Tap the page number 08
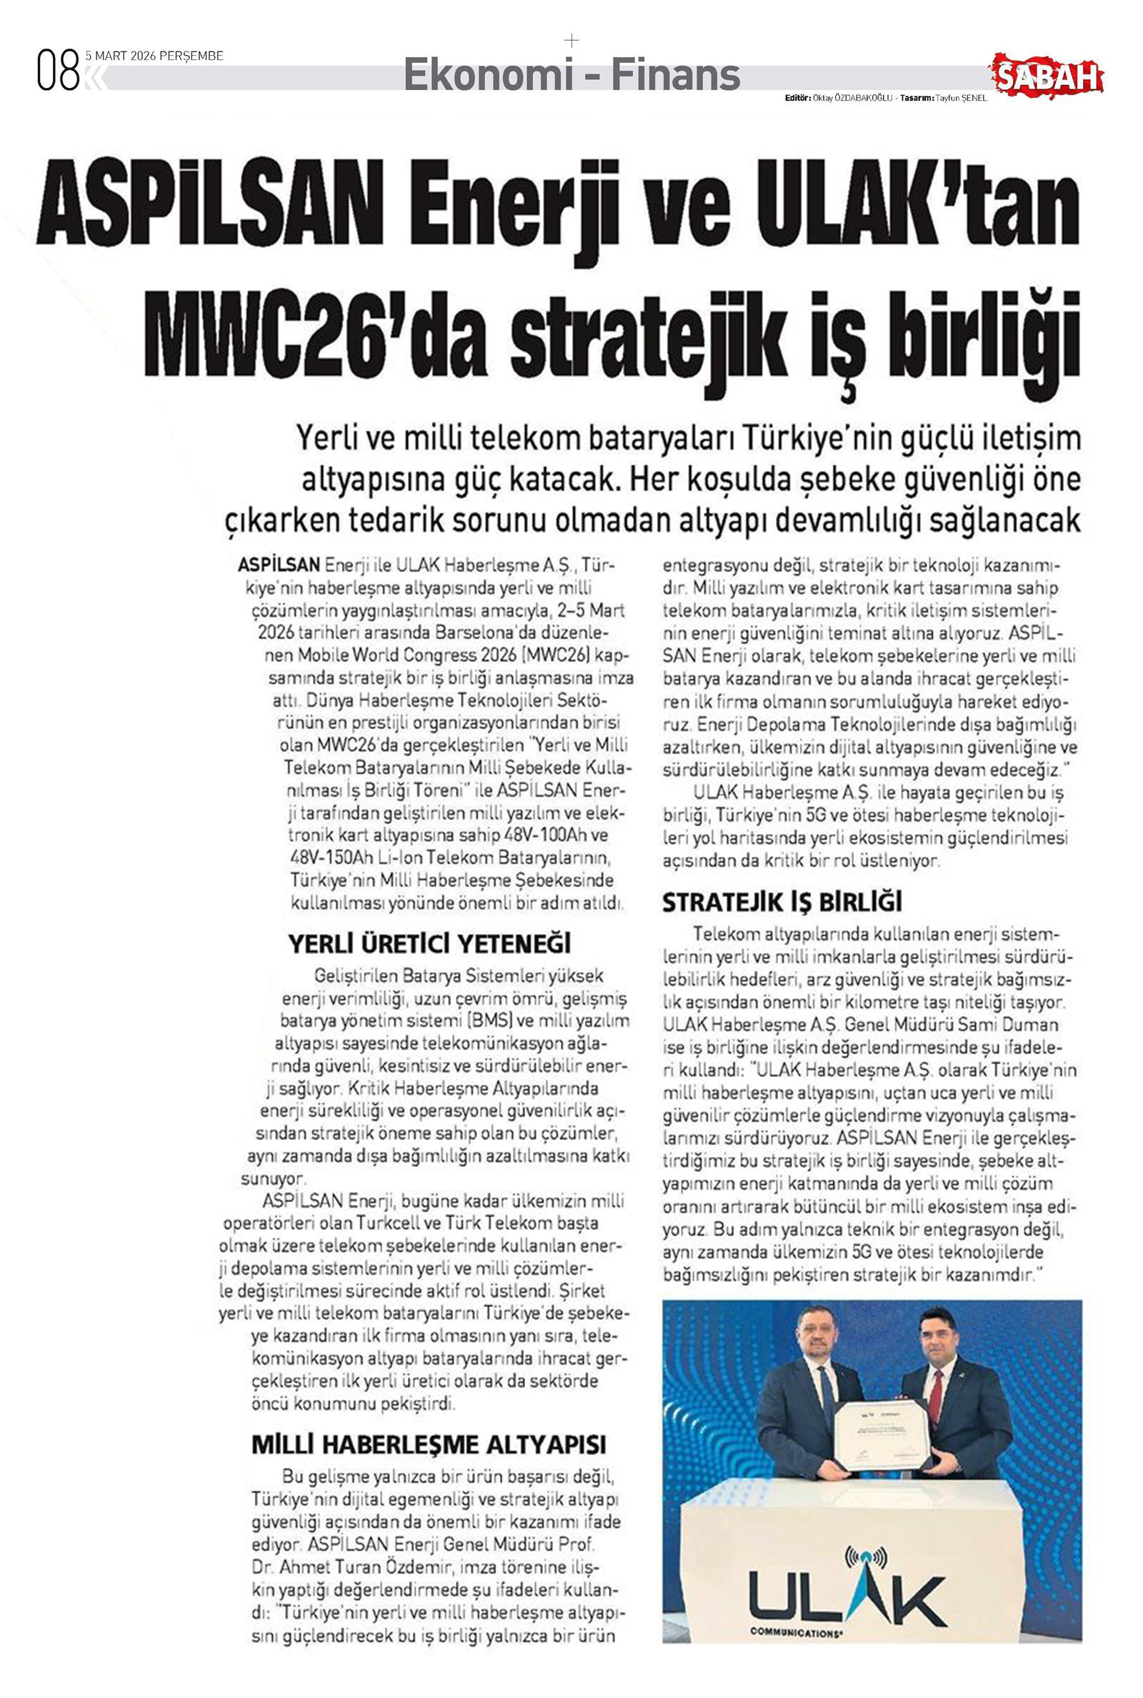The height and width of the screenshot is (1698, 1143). [58, 71]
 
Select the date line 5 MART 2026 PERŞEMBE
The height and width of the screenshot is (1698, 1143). [154, 56]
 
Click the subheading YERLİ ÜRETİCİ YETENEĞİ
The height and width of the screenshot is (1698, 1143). [429, 944]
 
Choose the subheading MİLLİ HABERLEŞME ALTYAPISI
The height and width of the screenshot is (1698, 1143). [429, 1444]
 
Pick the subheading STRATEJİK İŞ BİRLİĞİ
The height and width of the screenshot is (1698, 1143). [782, 903]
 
